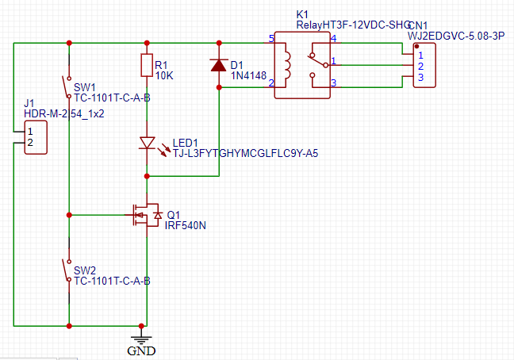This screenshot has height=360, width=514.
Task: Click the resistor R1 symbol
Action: pos(147,65)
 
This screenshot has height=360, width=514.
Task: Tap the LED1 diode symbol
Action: pos(147,144)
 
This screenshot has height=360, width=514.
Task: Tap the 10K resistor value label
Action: pos(163,75)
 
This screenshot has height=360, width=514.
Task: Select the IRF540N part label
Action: pos(185,225)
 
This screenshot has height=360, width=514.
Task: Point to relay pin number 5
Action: pos(270,39)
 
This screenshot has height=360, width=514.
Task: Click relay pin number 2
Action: pos(270,82)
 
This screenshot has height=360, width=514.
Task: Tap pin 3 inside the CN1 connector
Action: pos(420,78)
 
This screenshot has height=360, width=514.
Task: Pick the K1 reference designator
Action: pos(301,14)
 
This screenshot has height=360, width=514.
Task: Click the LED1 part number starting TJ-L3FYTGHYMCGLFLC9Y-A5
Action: pos(245,153)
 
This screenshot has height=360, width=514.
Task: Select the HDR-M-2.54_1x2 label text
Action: pos(64,113)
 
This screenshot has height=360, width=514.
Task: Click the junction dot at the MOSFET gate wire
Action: pos(70,214)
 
